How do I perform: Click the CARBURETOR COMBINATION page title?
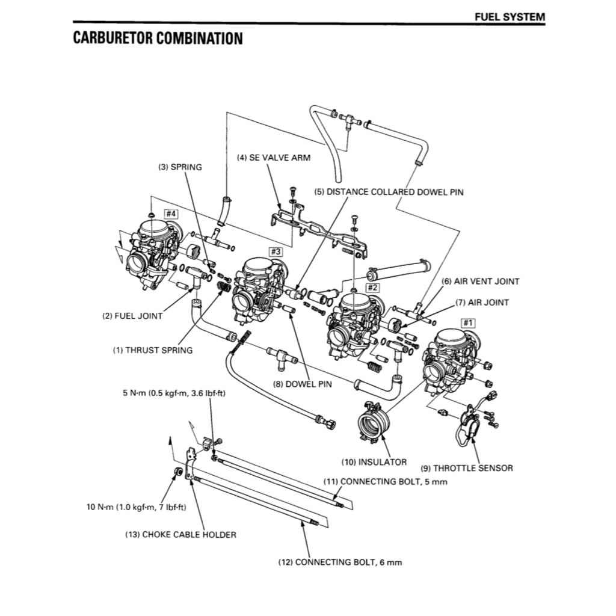(158, 38)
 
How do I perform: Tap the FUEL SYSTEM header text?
(510, 17)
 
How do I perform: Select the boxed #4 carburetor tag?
(171, 214)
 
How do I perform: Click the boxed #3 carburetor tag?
(275, 251)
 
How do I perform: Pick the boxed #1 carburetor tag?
(467, 323)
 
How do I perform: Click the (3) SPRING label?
(180, 168)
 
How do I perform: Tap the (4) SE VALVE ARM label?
(274, 158)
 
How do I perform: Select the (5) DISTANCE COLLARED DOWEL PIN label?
(389, 192)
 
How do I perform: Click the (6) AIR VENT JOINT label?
(480, 281)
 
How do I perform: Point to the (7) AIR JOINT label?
(482, 303)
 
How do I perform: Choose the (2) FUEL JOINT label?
(132, 316)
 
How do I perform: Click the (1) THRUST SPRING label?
(153, 350)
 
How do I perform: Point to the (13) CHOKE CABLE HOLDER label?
(180, 534)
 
